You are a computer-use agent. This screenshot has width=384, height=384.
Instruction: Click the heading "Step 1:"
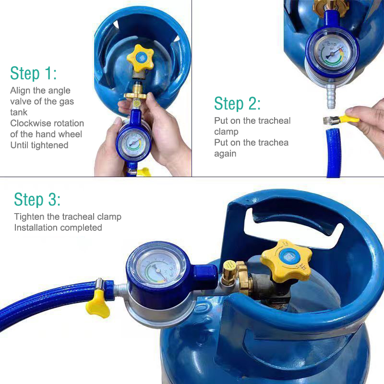[33, 73]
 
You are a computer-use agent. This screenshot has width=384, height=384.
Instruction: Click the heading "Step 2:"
[237, 103]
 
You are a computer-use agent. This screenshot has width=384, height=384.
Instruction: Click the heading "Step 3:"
[37, 199]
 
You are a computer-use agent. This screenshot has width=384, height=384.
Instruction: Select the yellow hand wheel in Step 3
[287, 261]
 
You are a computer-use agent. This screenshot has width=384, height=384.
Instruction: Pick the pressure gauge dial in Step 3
[158, 270]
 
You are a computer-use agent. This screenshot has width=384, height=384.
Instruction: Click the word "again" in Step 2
[225, 154]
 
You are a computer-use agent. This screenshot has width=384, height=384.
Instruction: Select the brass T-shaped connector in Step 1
[135, 96]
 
